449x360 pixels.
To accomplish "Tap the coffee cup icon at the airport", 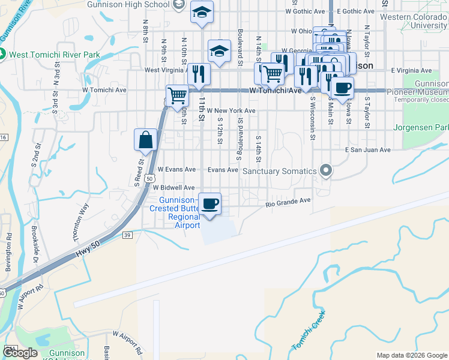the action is [x=209, y=203].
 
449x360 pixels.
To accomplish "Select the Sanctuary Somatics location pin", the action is [x=326, y=171].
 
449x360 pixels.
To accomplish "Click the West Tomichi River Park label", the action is [x=53, y=55].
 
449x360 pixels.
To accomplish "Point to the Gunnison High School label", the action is [x=137, y=5].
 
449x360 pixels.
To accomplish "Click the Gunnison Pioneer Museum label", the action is [x=418, y=89].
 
